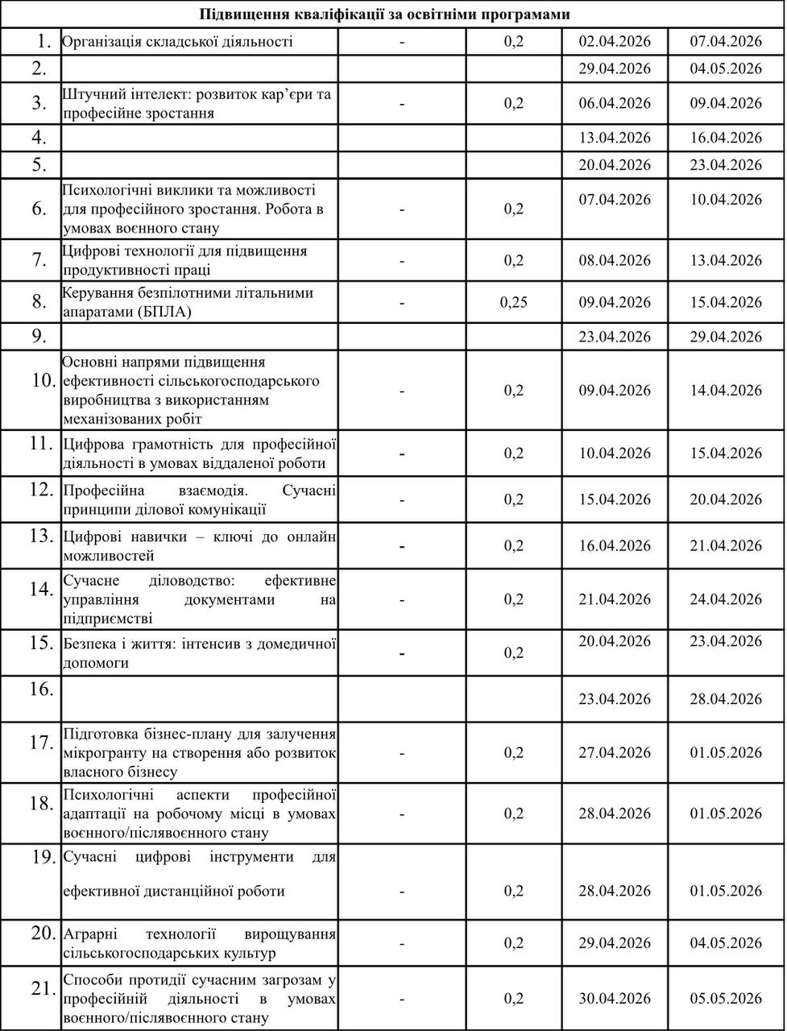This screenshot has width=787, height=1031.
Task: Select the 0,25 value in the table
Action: [514, 302]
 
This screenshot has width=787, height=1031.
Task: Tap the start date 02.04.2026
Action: [615, 41]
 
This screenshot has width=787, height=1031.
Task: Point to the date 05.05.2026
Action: [726, 998]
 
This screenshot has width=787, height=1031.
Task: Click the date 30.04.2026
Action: [615, 998]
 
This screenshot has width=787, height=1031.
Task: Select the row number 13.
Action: [41, 536]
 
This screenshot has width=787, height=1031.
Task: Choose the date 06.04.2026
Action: [615, 102]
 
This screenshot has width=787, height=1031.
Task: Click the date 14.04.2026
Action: [726, 390]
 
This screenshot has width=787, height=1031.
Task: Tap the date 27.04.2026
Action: [615, 752]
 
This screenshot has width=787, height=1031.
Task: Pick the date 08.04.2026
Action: [615, 260]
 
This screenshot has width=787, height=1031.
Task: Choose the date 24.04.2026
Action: [726, 599]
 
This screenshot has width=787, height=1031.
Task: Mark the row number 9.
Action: [41, 336]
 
